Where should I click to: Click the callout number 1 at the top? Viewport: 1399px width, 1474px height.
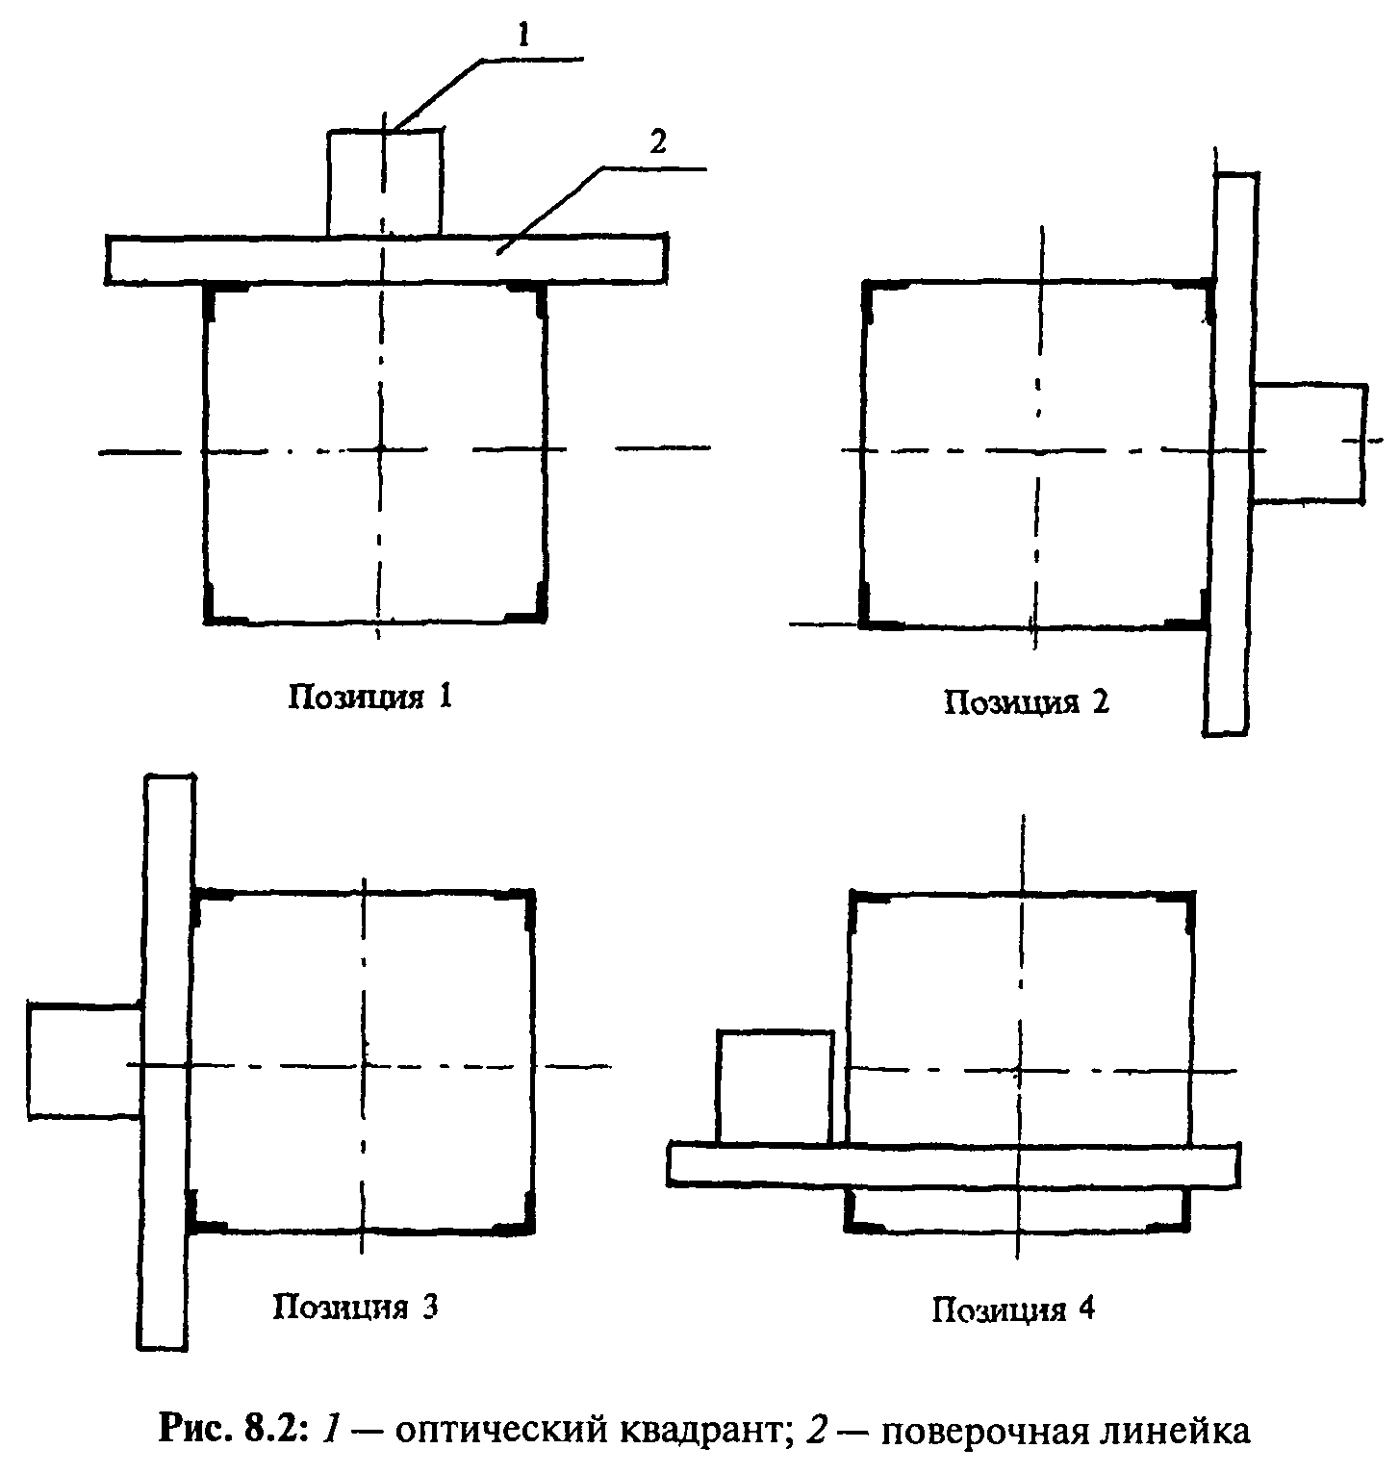coord(524,37)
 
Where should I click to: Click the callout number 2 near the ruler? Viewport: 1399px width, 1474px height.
coord(657,144)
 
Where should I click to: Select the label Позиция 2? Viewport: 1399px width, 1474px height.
coord(1027,701)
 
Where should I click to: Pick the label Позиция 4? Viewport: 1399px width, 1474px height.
coord(1013,1309)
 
